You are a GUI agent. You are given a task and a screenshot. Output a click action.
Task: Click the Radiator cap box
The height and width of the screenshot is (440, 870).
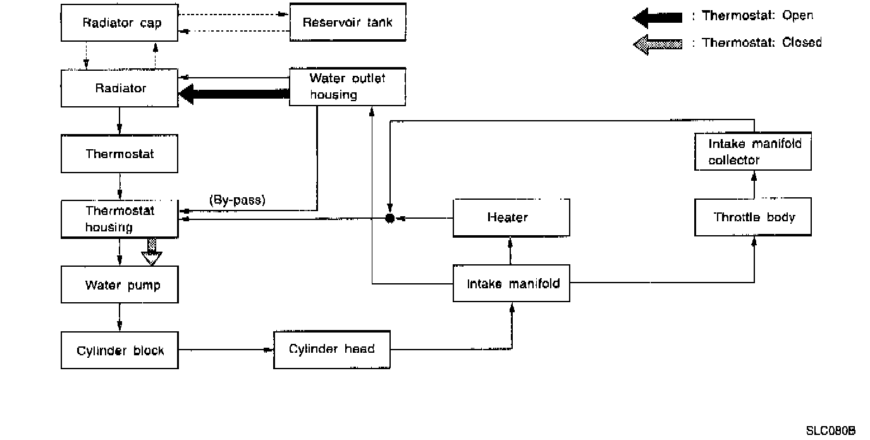(119, 23)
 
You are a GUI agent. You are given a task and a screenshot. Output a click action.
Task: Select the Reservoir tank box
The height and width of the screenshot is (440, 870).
(347, 23)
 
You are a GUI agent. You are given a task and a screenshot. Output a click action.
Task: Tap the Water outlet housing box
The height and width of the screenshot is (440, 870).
(347, 87)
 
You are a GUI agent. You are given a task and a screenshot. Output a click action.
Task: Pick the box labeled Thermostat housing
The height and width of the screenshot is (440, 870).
(119, 219)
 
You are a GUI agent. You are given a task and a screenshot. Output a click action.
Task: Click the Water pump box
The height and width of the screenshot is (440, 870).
(119, 284)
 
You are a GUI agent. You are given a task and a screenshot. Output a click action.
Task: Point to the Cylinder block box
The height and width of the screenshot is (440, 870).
(119, 350)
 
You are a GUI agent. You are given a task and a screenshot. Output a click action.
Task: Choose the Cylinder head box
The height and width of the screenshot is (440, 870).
(331, 349)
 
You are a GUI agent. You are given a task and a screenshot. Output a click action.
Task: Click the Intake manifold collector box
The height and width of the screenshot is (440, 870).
(752, 152)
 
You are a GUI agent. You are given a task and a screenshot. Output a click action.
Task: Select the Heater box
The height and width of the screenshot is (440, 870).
(511, 217)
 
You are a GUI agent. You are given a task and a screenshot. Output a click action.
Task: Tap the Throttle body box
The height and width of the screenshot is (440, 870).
(752, 217)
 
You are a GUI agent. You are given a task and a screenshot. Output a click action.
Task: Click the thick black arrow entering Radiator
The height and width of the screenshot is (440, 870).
(234, 94)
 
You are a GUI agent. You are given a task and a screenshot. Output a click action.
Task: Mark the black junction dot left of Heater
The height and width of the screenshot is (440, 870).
(390, 218)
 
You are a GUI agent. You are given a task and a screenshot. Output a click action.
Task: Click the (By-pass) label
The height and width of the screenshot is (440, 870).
(237, 200)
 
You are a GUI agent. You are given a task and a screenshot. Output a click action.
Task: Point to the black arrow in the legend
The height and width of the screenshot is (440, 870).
(658, 17)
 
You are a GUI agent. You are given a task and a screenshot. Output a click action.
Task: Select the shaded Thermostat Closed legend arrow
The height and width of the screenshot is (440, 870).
(658, 44)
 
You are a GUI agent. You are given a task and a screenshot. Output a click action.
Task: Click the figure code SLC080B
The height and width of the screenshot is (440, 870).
(830, 431)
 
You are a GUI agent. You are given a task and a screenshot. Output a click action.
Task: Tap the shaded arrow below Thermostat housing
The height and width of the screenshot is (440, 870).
(152, 251)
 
